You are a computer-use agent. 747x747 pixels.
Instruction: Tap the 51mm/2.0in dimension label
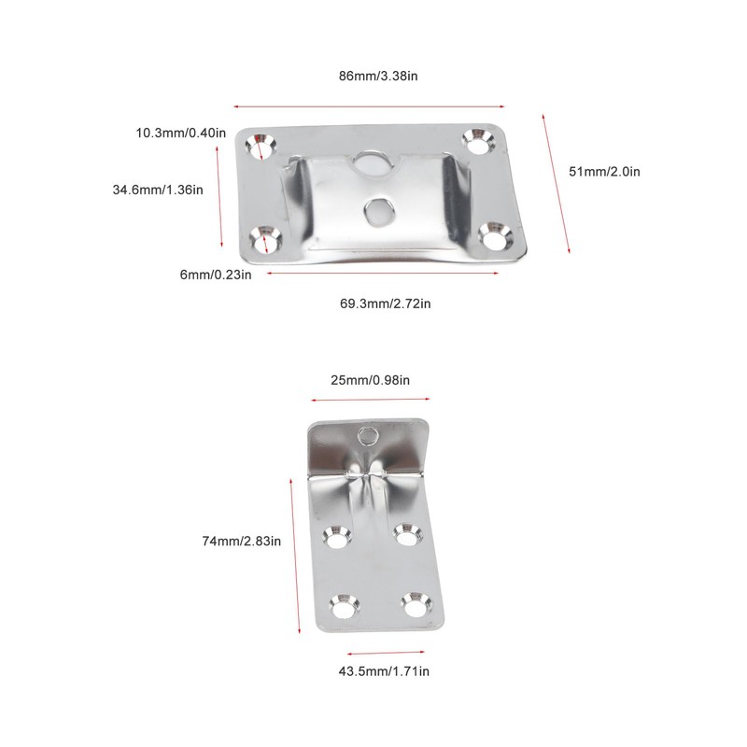pos(604,171)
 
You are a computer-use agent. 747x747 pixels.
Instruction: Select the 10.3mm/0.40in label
pos(180,133)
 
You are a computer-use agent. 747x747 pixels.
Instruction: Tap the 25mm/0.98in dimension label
pos(371,380)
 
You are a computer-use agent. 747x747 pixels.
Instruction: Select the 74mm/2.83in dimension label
pos(242,540)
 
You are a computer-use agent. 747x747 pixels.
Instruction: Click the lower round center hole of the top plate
pos(378,210)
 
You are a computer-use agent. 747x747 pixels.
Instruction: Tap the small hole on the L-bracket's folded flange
pos(368,435)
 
